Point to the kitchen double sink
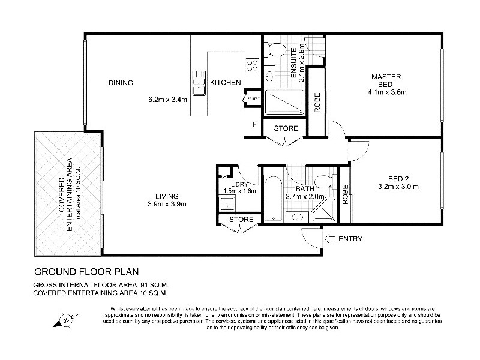[x=199, y=83]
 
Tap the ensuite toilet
[x=276, y=50]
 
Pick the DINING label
[x=121, y=83]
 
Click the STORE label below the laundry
[x=241, y=219]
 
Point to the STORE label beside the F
[x=286, y=128]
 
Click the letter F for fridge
[x=254, y=125]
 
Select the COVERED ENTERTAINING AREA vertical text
[x=65, y=195]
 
